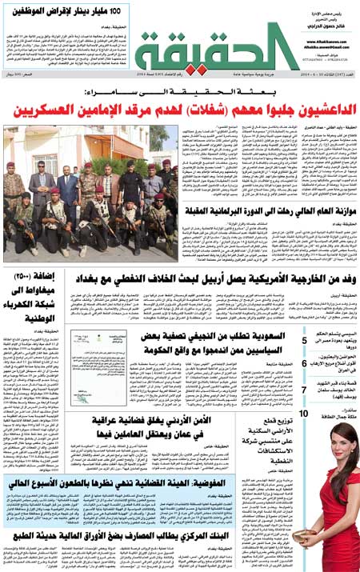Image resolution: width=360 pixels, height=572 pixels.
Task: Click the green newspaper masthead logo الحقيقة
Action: (216, 53)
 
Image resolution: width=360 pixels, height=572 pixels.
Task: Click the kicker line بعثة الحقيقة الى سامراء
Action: (179, 94)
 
